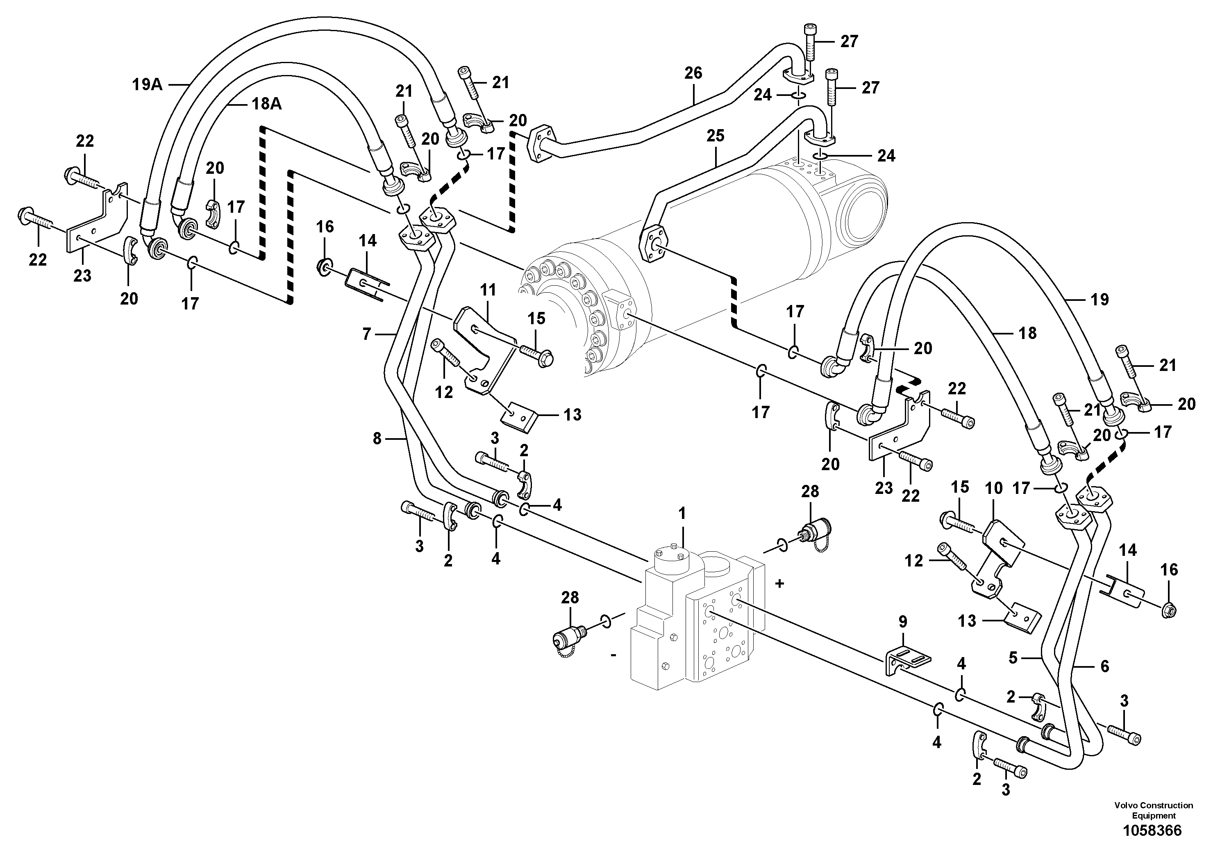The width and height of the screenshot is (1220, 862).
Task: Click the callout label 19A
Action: point(147,84)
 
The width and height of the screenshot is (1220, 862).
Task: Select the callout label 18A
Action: point(267,104)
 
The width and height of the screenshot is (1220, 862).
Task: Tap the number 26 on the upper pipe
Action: point(693,73)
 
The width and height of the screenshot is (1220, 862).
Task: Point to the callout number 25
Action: point(715,136)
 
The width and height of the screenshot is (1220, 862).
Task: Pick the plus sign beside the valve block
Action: point(779,584)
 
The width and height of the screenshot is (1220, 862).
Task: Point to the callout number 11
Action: point(488,290)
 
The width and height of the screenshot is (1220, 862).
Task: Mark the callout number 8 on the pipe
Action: point(377,439)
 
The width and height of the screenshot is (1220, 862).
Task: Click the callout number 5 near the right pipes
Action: point(1012,658)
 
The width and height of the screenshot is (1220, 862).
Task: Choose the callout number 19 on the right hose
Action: point(1100,299)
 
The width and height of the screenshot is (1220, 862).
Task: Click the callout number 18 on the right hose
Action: point(1028,333)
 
